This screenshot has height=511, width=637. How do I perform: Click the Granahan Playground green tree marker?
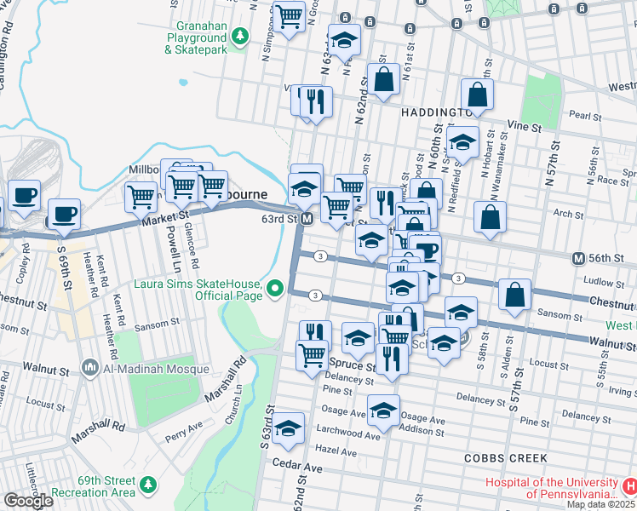tap(241, 35)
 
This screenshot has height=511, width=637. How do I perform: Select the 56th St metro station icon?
tap(579, 258)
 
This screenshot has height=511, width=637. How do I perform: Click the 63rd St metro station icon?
tap(307, 220)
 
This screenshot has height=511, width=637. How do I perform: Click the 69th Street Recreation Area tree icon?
tap(149, 484)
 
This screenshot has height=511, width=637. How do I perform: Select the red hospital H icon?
tap(629, 486)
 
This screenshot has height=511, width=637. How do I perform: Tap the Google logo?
tap(28, 501)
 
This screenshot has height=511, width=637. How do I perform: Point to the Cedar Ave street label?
tap(297, 468)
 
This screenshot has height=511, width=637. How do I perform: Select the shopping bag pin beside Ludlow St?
tap(515, 295)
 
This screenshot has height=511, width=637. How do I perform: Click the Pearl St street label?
tap(585, 113)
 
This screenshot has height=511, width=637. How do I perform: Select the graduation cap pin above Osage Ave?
tap(384, 411)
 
